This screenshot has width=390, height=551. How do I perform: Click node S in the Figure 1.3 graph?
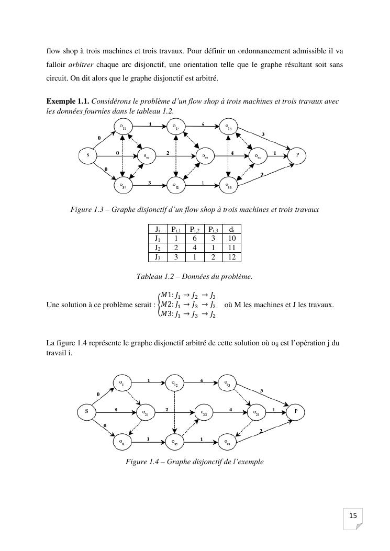coord(88,155)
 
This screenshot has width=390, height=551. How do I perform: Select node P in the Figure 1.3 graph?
coord(297,155)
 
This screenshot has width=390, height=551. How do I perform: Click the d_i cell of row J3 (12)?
coord(232,257)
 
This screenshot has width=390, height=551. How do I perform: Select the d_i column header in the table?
coord(232,229)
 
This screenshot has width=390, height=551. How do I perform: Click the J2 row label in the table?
coord(157,248)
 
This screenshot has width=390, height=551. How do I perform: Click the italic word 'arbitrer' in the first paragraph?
coord(79,65)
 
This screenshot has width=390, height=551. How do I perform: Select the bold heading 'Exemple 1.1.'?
coord(68,100)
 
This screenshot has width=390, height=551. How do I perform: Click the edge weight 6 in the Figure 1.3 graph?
coord(203,125)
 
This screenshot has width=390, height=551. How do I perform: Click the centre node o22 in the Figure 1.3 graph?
coord(205,156)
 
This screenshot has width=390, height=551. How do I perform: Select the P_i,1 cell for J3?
coord(175,257)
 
